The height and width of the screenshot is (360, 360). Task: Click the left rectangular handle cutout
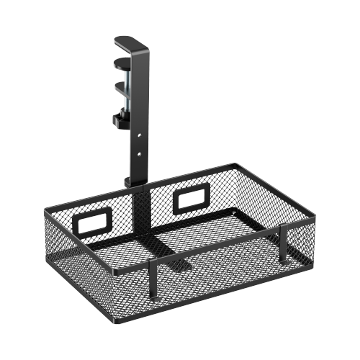click(x=94, y=224)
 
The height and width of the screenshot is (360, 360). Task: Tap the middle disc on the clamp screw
click(x=123, y=85)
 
